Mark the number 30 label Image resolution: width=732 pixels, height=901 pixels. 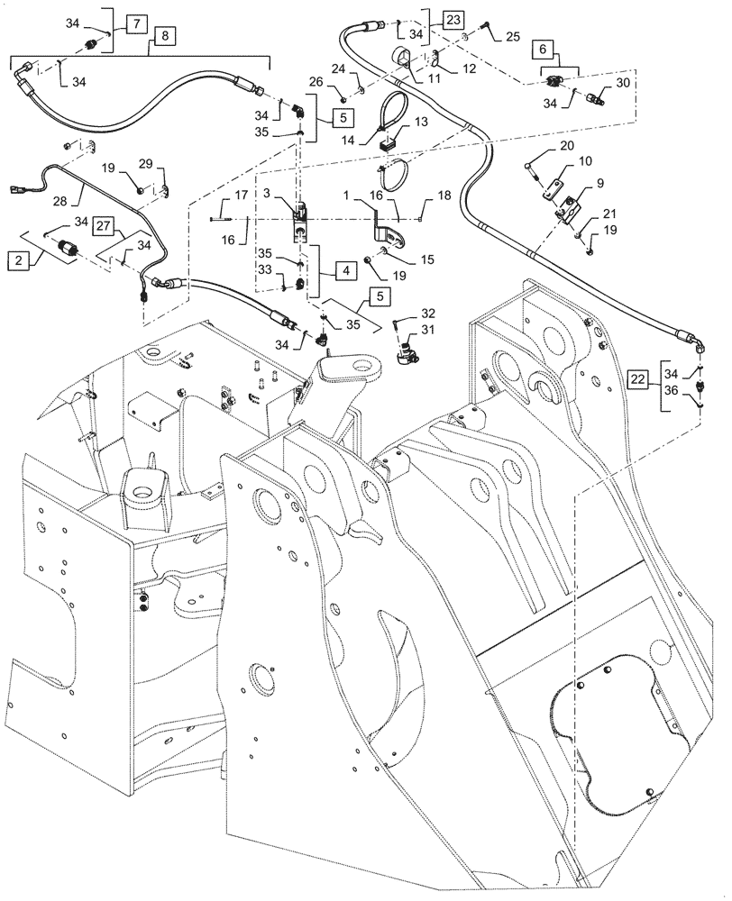623,81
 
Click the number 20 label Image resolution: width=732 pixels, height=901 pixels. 567,145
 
